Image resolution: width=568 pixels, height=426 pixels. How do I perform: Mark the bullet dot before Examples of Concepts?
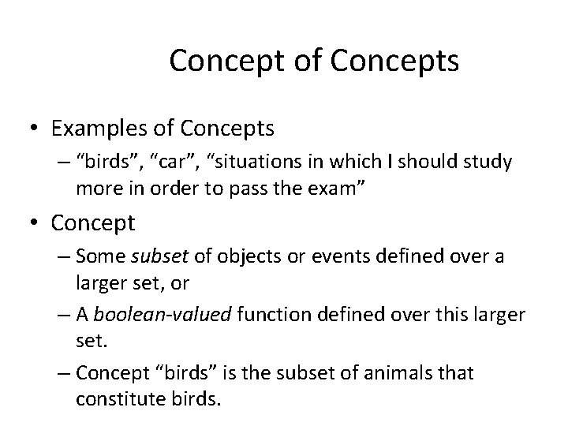pos(34,127)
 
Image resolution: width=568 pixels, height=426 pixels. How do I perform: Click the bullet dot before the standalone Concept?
pos(34,224)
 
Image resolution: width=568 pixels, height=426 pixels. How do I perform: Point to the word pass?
pos(267,188)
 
